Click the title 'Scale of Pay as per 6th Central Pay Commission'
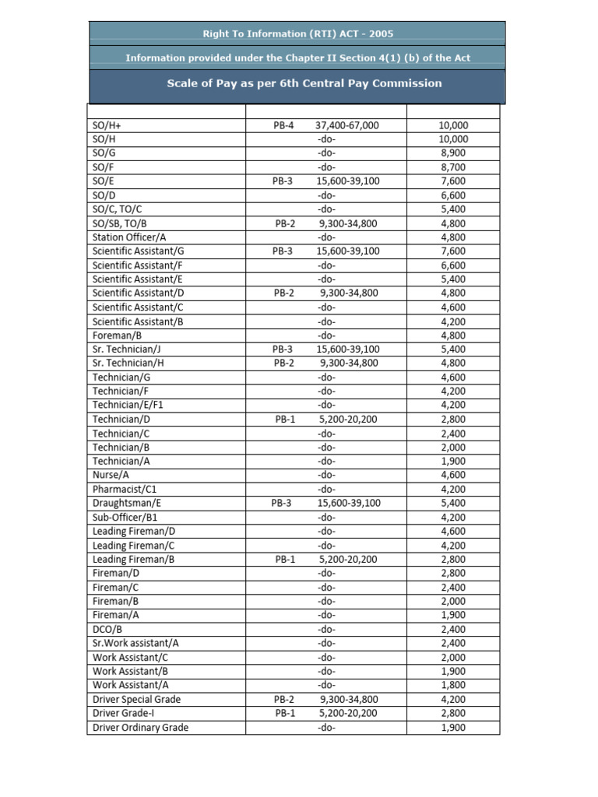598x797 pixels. click(x=304, y=83)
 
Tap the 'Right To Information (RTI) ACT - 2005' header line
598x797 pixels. click(x=298, y=34)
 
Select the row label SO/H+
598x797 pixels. click(x=107, y=125)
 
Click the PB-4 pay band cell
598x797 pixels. click(x=283, y=125)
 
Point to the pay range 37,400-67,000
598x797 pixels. click(x=347, y=125)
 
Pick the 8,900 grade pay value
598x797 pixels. click(x=453, y=153)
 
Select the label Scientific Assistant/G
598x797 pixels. click(x=139, y=251)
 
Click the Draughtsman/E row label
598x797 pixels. click(x=127, y=504)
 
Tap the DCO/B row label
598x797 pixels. click(x=107, y=629)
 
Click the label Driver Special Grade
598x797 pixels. click(x=136, y=699)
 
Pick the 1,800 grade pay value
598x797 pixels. click(x=453, y=685)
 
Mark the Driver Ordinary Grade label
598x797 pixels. click(x=140, y=728)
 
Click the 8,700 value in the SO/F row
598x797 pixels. click(x=453, y=167)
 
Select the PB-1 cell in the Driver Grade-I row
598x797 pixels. click(x=283, y=713)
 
